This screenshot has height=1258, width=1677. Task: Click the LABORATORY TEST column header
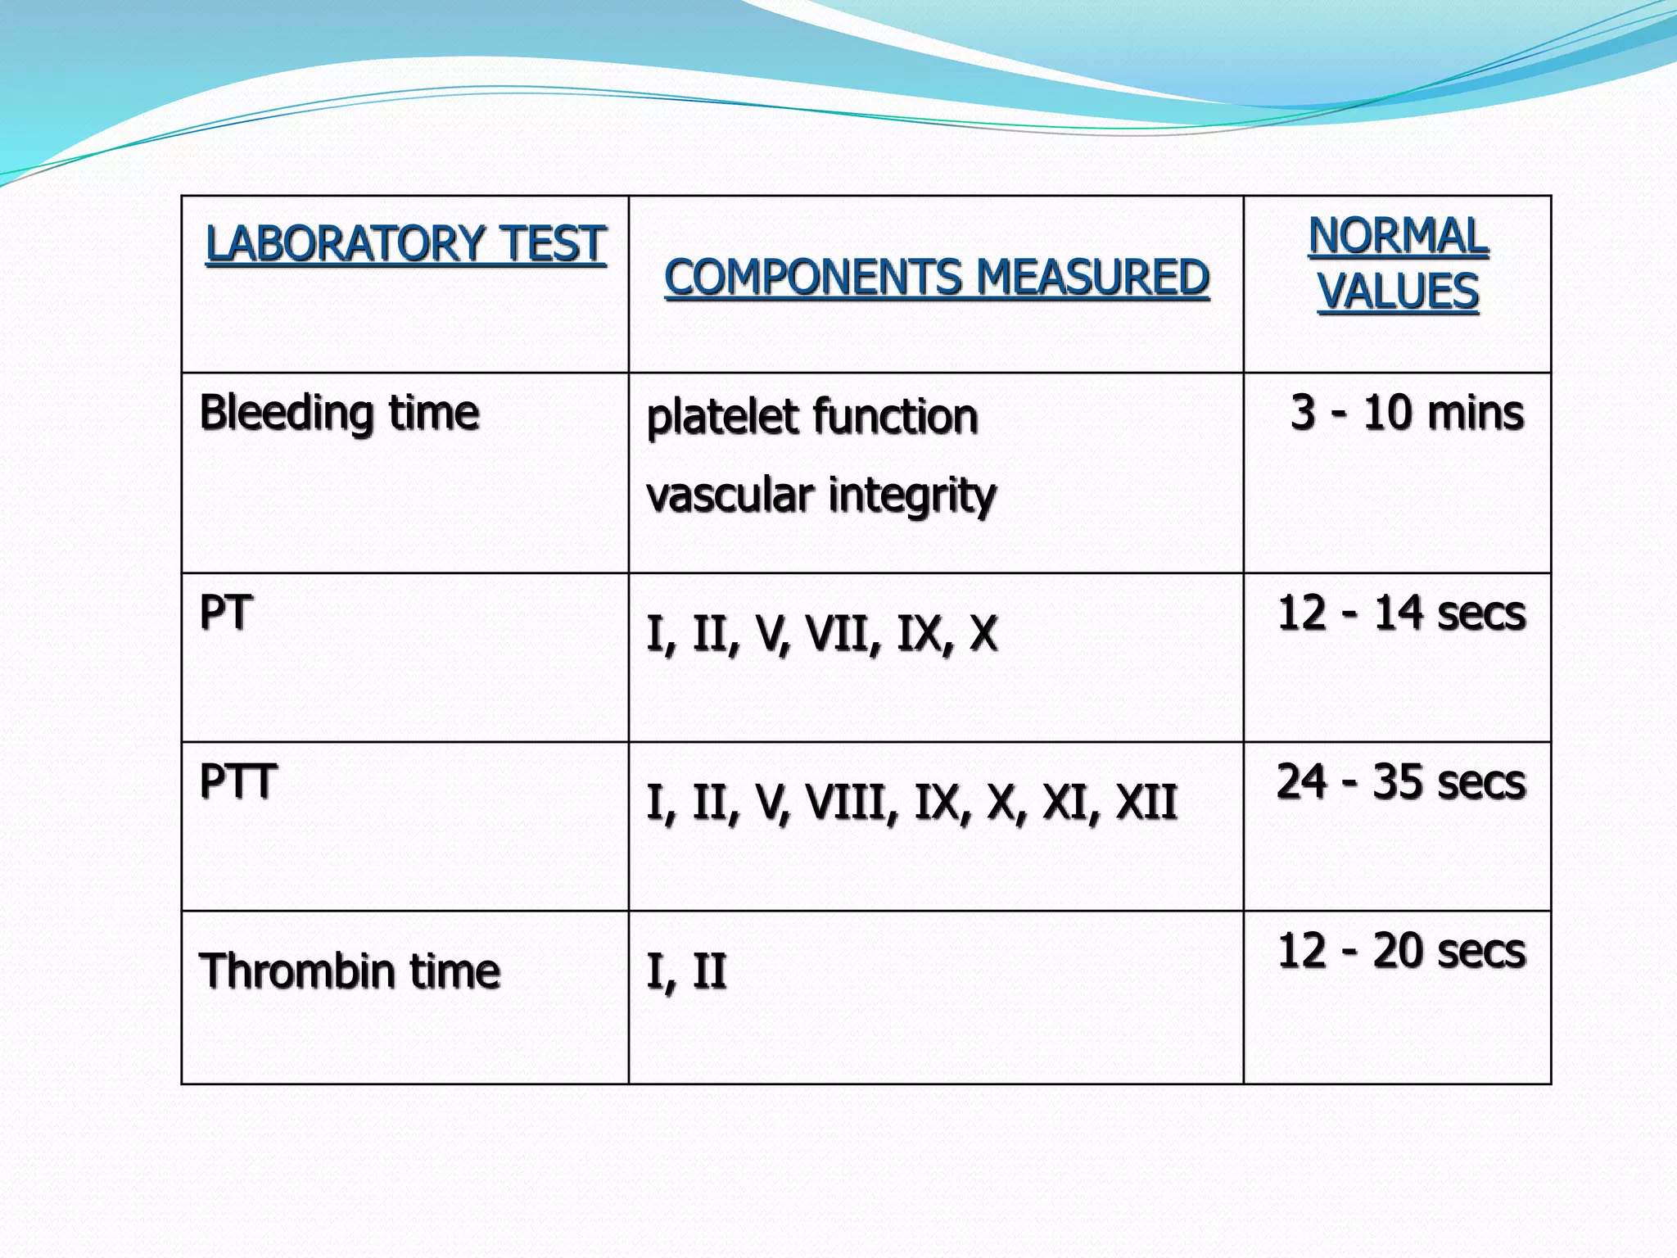405,244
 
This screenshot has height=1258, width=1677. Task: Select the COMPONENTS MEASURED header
937,277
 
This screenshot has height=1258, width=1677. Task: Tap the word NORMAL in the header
1398,236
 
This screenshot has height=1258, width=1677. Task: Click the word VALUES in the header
1398,292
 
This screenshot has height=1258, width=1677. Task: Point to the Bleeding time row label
339,412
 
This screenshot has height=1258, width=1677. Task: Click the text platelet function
811,416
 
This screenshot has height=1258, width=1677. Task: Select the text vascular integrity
820,495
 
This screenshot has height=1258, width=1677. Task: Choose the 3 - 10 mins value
1407,412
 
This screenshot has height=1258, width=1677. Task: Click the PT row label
225,613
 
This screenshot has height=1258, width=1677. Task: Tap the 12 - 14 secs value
1401,613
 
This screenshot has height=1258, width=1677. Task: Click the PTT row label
237,781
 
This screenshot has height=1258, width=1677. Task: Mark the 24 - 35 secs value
1401,781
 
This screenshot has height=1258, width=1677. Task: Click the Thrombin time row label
350,971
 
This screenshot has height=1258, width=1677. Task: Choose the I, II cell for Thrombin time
686,971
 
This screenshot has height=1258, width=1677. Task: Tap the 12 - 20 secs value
1401,951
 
